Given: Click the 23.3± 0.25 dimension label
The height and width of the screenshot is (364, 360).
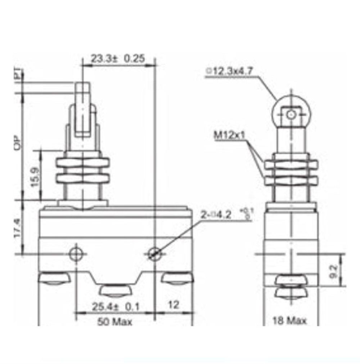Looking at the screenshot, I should (118, 59).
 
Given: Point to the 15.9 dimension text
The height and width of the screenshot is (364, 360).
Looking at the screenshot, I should (35, 176).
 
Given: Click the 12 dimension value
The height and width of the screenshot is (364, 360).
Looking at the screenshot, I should (173, 305).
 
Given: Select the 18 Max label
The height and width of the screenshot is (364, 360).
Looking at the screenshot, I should (290, 320).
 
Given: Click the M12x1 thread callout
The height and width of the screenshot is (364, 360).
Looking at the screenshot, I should (229, 136).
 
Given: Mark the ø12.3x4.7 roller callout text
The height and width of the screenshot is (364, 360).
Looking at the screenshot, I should (229, 71).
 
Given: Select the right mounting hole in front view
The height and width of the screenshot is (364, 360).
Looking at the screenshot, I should (154, 254).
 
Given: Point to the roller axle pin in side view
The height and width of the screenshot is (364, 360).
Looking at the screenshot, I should (291, 115).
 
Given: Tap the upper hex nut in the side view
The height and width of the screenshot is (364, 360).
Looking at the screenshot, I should (291, 165).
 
